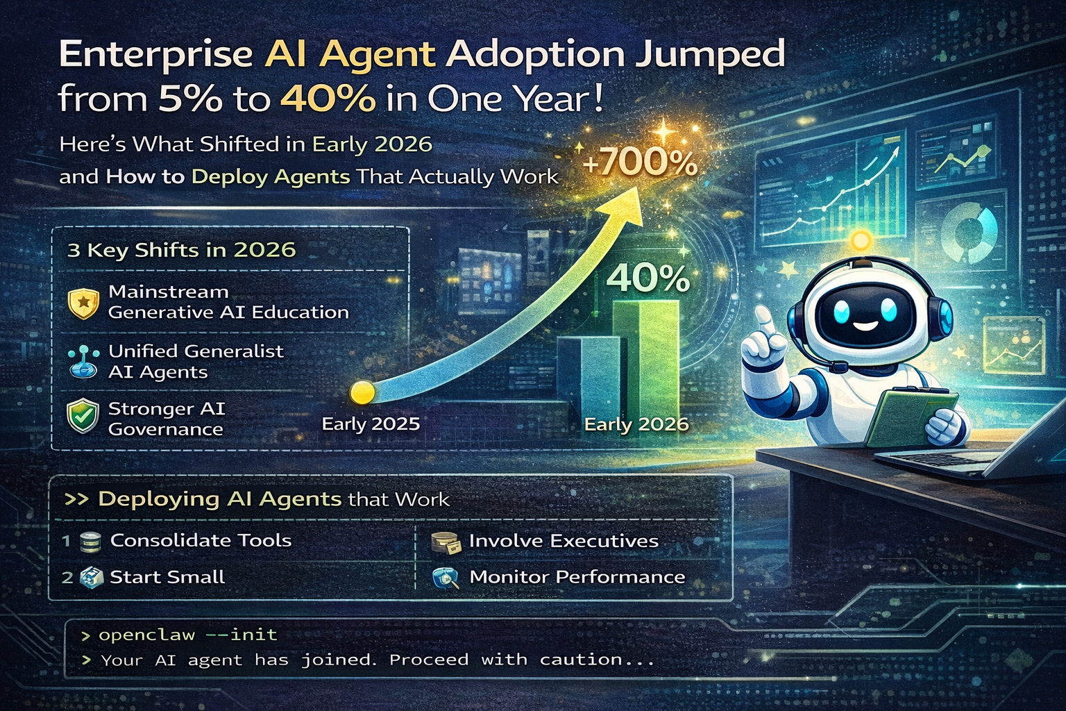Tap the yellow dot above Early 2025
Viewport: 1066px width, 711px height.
coord(362,392)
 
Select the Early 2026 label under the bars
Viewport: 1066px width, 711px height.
coord(636,424)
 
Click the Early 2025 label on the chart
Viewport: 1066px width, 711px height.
coord(371,424)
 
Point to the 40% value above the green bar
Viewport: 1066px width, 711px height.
coord(648,278)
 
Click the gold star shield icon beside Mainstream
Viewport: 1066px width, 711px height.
coord(83,303)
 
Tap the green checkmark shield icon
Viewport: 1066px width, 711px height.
coord(83,417)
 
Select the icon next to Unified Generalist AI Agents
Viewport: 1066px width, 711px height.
coord(84,362)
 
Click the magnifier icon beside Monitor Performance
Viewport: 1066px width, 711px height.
coord(445,578)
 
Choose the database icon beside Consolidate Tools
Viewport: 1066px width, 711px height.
coord(91,542)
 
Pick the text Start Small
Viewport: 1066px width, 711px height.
coord(167,577)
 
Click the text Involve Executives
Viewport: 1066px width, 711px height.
coord(564,541)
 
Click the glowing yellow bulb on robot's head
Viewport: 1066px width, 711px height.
coord(861,241)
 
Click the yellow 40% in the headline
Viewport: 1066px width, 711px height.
coord(328,99)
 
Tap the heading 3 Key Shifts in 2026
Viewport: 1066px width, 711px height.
coord(182,250)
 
